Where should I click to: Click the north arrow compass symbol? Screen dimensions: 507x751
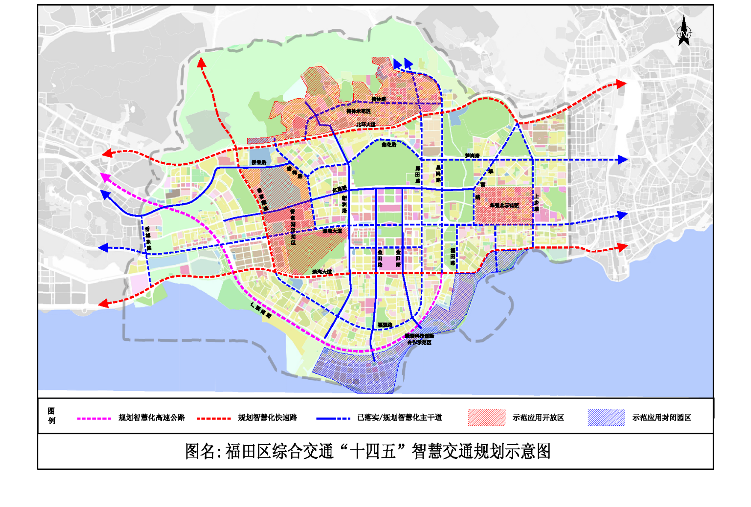pos(684,31)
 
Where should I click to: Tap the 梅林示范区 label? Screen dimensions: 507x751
pos(358,111)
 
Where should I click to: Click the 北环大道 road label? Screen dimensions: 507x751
pos(366,125)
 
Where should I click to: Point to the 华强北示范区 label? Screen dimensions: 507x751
pos(504,205)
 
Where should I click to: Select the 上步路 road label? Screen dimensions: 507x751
pos(536,203)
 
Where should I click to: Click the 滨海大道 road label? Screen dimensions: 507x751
pos(322,272)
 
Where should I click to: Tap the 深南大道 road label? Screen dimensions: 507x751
pos(332,231)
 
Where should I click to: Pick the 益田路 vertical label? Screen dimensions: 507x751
pos(380,258)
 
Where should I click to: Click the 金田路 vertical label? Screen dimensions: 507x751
pos(398,258)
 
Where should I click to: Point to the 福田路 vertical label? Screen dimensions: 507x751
pos(452,257)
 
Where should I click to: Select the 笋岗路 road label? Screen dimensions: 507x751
pos(472,155)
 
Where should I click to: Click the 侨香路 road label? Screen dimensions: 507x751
pos(259,163)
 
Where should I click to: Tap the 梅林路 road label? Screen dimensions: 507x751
pos(378,99)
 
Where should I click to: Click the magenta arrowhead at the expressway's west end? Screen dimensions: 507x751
pos(104,176)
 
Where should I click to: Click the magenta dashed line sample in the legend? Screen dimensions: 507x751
pos(94,418)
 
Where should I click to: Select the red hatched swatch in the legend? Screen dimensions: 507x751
pos(486,417)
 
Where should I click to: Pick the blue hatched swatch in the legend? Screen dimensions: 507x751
pos(606,417)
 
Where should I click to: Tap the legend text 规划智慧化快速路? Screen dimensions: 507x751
pos(267,417)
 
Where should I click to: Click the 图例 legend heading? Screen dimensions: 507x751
pos(51,416)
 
